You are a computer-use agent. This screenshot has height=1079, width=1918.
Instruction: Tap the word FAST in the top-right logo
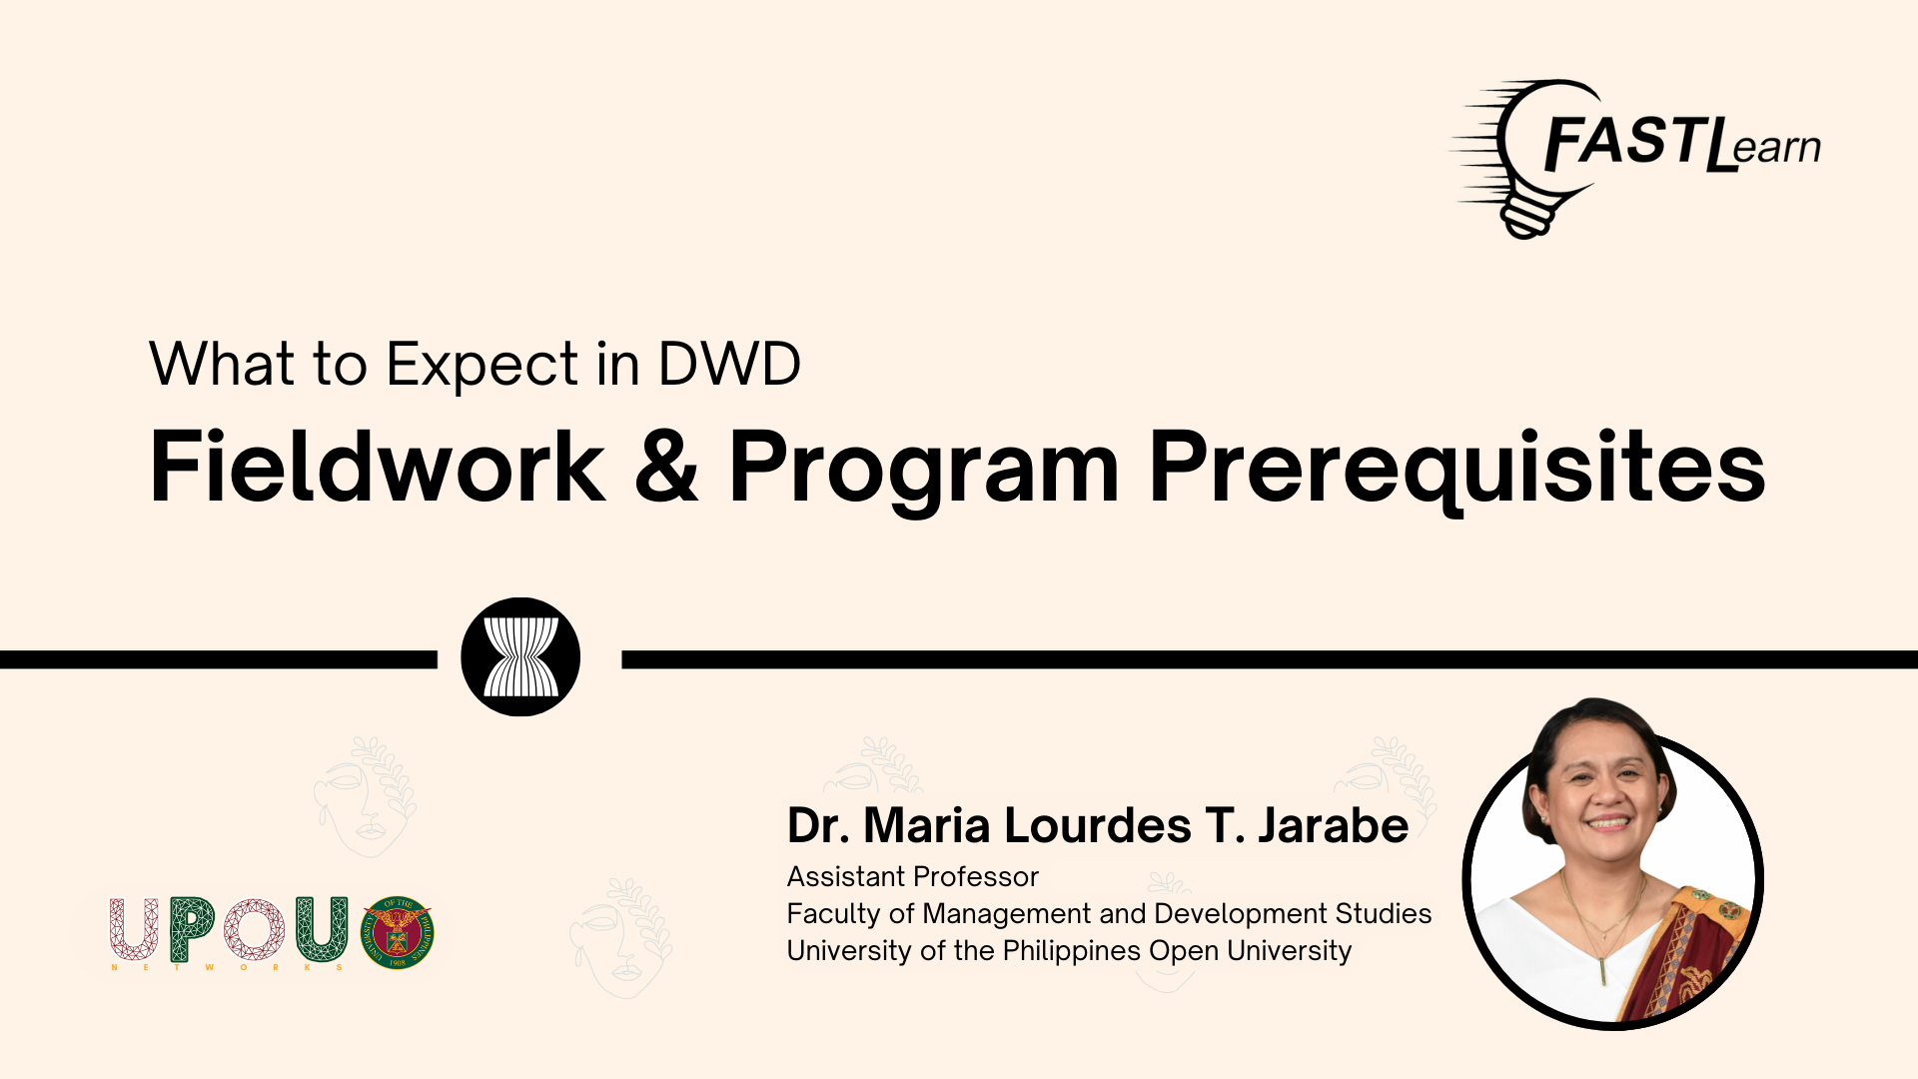[x=1622, y=141]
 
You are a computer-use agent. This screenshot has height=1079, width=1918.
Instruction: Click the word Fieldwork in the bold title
[x=378, y=466]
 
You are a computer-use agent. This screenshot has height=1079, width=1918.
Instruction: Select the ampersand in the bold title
[x=666, y=466]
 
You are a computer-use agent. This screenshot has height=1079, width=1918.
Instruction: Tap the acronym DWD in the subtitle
[x=729, y=364]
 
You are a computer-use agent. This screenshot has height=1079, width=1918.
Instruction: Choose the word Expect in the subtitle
[x=482, y=366]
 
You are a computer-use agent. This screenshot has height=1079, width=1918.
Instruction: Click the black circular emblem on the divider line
[x=520, y=656]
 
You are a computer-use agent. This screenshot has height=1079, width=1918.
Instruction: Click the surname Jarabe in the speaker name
[x=1333, y=825]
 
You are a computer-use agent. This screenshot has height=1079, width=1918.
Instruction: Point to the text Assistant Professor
[x=913, y=876]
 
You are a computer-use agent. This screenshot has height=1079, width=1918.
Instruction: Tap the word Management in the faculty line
[x=1007, y=915]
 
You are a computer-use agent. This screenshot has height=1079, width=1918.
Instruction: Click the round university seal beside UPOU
[x=398, y=932]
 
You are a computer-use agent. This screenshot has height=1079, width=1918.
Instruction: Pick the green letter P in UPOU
[x=193, y=929]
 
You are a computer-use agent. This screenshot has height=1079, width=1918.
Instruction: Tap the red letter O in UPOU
[x=254, y=929]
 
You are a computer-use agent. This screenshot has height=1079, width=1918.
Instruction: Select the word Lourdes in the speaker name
[x=1098, y=825]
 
